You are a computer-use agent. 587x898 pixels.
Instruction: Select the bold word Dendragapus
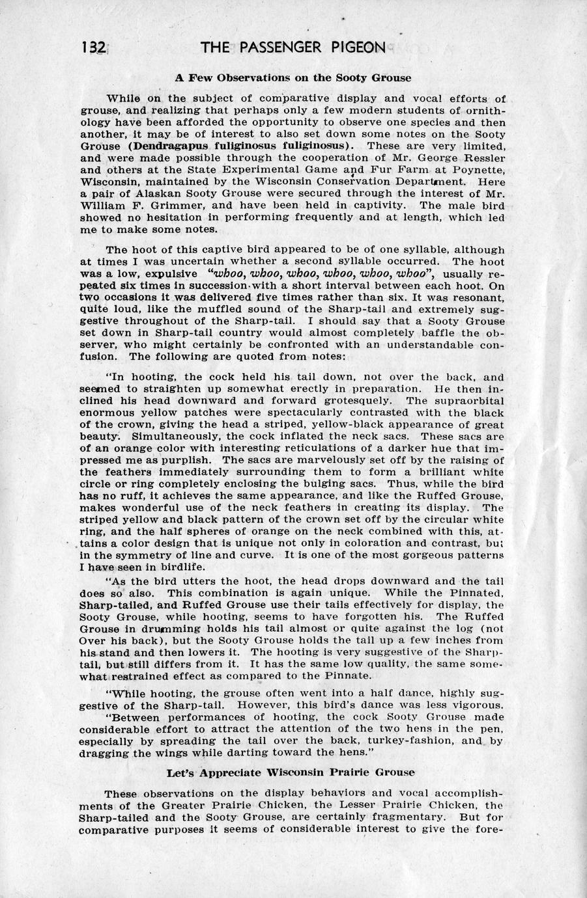[x=168, y=145]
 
